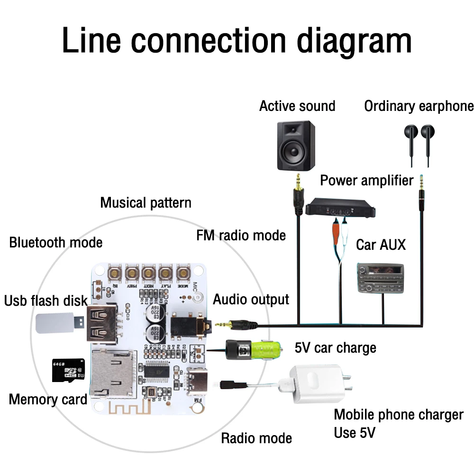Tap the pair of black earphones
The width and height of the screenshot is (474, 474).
[419, 142]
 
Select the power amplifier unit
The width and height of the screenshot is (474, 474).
[340, 208]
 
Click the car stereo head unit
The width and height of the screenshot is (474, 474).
[380, 279]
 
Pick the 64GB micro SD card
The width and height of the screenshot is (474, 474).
[65, 370]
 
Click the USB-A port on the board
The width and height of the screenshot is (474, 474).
[100, 323]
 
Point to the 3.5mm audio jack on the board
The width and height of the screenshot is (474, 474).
[190, 325]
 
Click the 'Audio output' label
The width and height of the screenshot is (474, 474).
[251, 300]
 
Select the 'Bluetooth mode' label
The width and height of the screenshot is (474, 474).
[56, 243]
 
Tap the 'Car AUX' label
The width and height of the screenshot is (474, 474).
[381, 245]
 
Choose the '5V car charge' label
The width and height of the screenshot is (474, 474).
[335, 348]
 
